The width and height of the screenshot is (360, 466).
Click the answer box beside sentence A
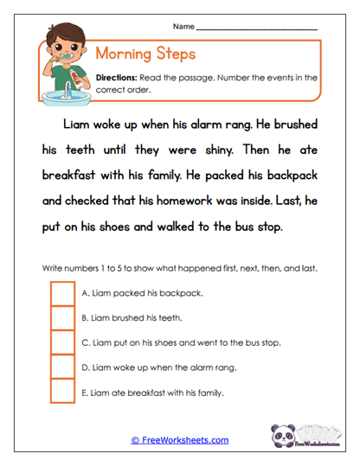[x=62, y=293]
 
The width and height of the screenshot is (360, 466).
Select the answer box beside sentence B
[x=62, y=318]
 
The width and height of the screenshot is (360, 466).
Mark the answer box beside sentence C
[x=62, y=343]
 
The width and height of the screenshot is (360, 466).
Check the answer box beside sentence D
[x=62, y=368]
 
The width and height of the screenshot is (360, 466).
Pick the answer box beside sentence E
[x=62, y=393]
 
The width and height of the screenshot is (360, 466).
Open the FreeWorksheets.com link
[x=179, y=440]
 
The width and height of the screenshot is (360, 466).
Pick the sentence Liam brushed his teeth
[x=131, y=318]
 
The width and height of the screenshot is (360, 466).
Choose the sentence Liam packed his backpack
[x=141, y=293]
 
